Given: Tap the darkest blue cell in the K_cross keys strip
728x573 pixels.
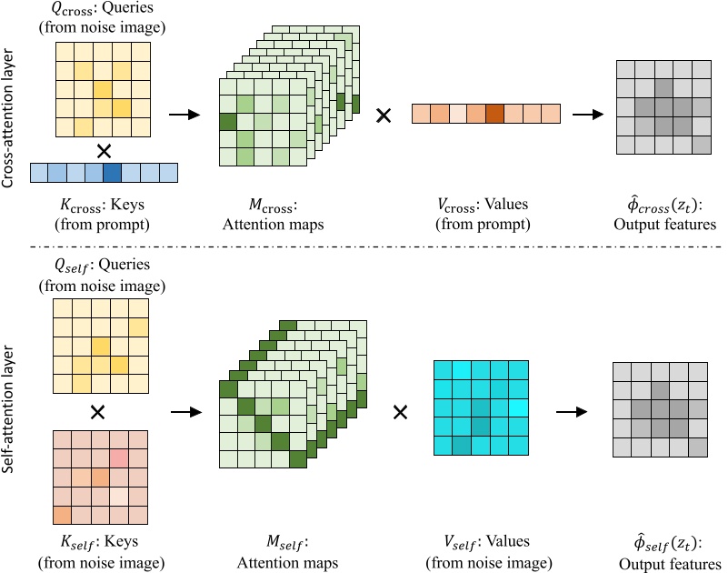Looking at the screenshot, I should click(x=112, y=172).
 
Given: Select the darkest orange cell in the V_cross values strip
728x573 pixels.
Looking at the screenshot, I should click(x=494, y=114).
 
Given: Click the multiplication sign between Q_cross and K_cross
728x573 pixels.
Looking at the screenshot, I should click(x=104, y=147).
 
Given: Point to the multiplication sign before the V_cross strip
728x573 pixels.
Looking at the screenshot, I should click(x=384, y=115).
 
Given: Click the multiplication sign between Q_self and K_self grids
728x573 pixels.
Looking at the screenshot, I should click(x=98, y=412).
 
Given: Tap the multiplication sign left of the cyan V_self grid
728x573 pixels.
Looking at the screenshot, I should click(x=399, y=412).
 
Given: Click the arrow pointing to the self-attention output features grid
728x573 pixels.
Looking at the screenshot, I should click(x=570, y=412).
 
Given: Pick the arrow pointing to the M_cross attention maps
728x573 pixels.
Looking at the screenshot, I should click(x=184, y=115).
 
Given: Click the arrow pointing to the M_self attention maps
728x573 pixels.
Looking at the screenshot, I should click(x=187, y=412).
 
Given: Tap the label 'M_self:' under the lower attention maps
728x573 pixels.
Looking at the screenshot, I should click(x=287, y=544).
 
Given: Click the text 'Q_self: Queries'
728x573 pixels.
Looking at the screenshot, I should click(x=102, y=265).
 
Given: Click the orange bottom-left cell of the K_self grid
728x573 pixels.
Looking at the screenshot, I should click(x=64, y=515).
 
